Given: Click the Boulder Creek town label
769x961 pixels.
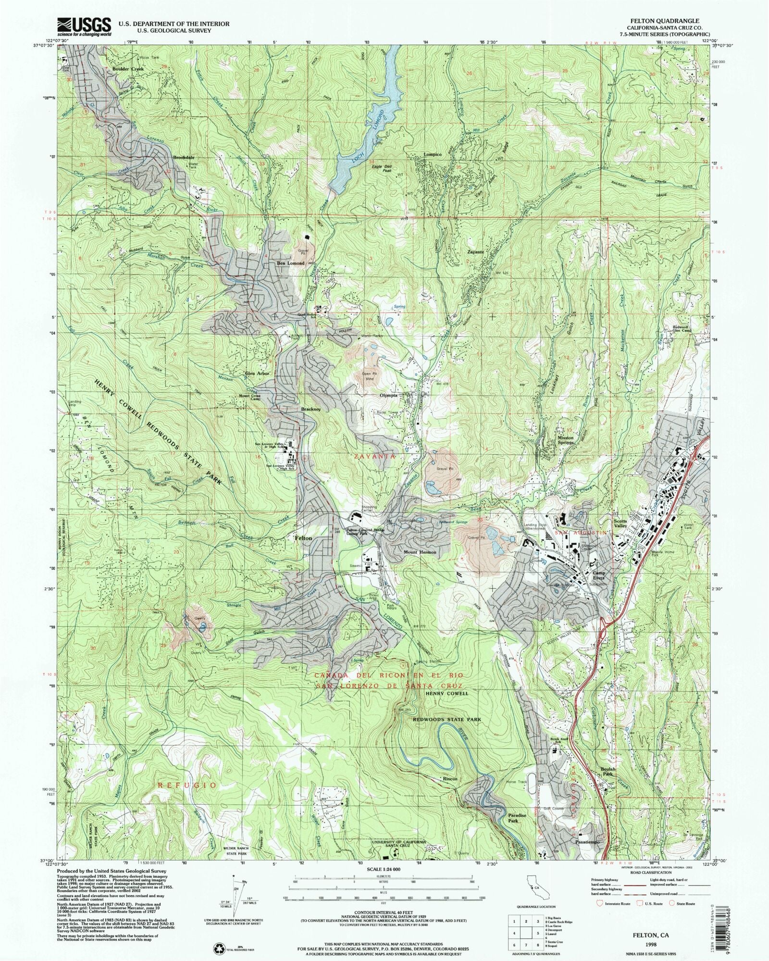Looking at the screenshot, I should pyautogui.click(x=128, y=69).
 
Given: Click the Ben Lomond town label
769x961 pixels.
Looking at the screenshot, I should pyautogui.click(x=291, y=263).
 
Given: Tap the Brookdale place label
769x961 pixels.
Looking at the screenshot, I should pyautogui.click(x=184, y=158).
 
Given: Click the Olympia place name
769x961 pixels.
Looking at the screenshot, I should pyautogui.click(x=388, y=395).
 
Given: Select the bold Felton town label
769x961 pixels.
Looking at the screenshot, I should pyautogui.click(x=303, y=538).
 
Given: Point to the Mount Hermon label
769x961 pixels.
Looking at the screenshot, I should pyautogui.click(x=420, y=552).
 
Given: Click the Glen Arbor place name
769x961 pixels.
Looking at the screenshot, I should pyautogui.click(x=258, y=374).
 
